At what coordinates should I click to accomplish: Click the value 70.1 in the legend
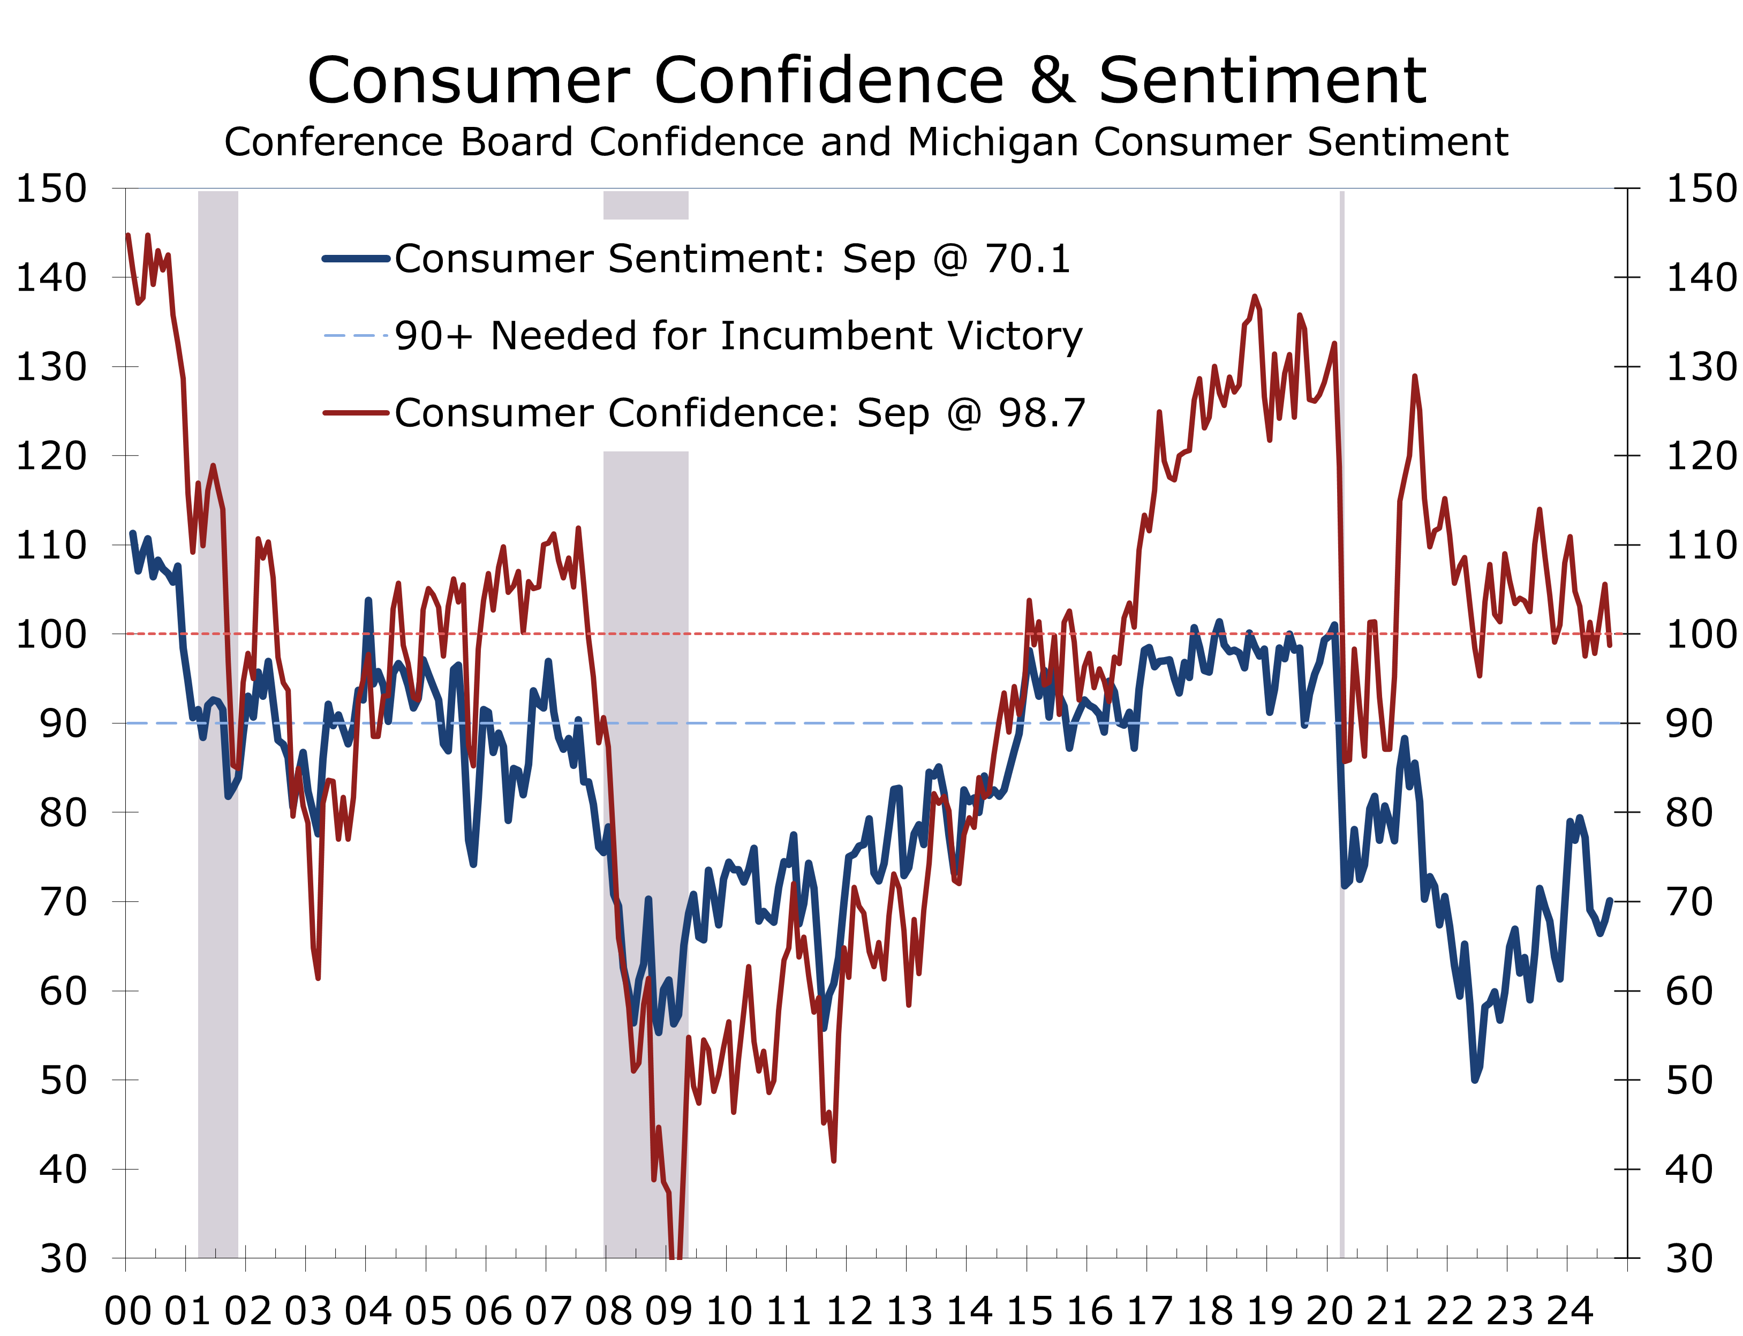[x=1028, y=259]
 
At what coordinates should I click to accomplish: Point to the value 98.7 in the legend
[x=1042, y=413]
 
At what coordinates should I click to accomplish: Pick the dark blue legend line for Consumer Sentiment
[x=356, y=259]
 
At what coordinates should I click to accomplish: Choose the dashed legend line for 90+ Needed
[x=356, y=336]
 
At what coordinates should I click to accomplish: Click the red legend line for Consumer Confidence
[x=356, y=413]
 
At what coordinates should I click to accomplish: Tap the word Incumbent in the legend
[x=826, y=336]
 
